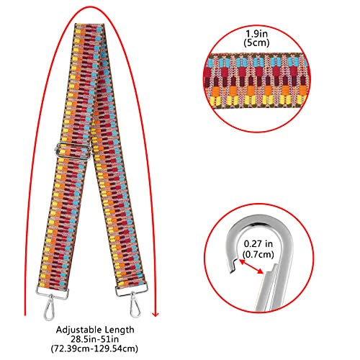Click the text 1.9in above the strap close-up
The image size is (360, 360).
point(256,34)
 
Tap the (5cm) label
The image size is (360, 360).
point(256,42)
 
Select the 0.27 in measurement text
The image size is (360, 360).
point(258,244)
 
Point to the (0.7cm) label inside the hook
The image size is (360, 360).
point(258,254)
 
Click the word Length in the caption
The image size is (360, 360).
point(117,330)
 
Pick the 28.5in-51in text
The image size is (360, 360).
point(94,339)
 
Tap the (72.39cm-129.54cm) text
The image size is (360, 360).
point(94,348)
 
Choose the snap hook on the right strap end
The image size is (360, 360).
point(135,305)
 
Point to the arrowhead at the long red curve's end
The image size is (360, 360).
point(156,314)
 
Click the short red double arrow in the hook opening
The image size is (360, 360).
point(251,266)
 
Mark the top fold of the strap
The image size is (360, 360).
point(90,25)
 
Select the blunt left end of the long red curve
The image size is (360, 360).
point(25,314)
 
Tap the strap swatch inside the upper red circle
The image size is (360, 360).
point(257,81)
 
